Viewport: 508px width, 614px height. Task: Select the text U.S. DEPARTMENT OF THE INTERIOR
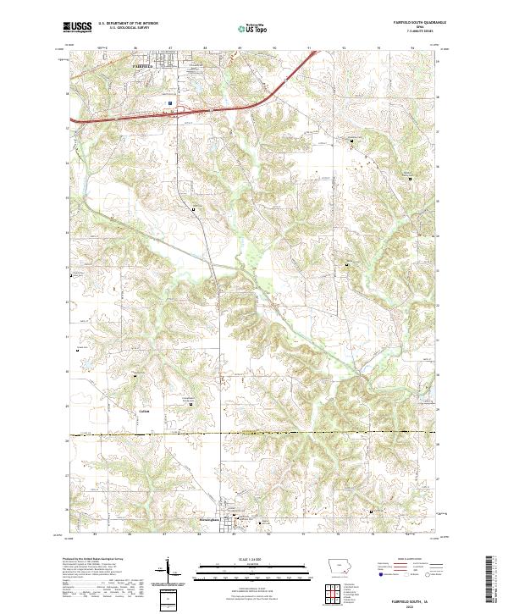click(x=128, y=24)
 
